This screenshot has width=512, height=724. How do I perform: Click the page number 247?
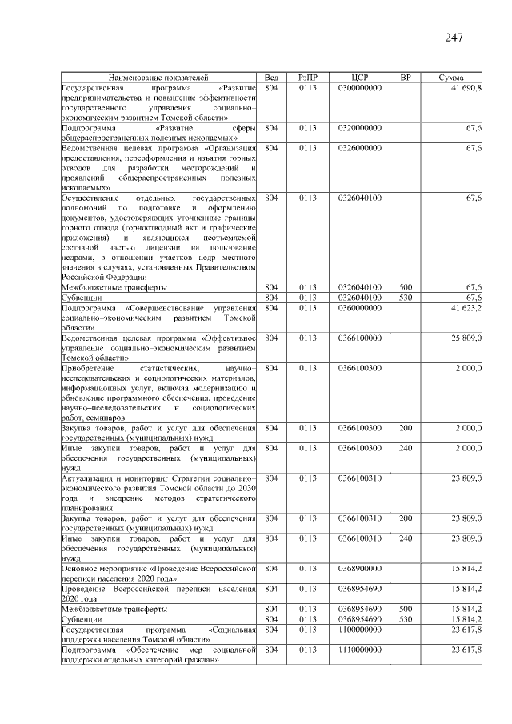[x=453, y=37]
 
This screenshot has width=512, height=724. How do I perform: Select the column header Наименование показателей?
[x=158, y=77]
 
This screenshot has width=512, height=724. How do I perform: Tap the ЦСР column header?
[x=359, y=77]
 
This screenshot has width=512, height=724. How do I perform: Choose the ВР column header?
[x=406, y=77]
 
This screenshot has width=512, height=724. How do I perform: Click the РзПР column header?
[x=308, y=77]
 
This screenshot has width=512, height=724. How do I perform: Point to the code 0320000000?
[x=359, y=127]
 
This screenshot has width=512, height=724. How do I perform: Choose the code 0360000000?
[x=359, y=307]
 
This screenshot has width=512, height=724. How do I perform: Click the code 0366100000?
[x=359, y=339]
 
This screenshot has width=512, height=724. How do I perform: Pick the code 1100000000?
[x=359, y=630]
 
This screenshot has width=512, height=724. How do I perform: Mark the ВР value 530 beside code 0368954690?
[x=406, y=619]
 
